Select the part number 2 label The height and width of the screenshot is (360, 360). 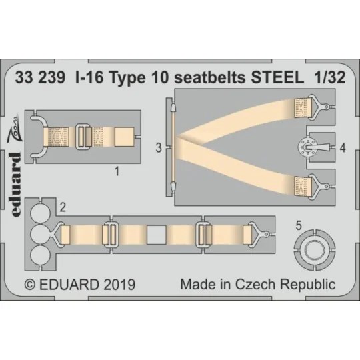(x=62, y=207)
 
